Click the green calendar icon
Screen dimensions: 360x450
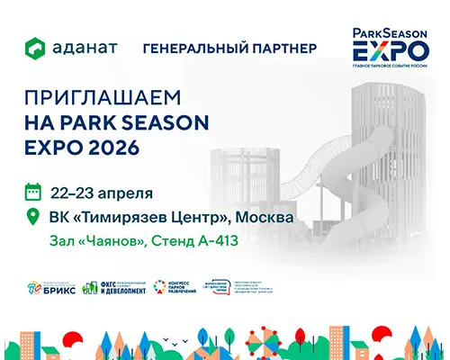pos(34,191)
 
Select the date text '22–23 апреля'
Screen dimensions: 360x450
pos(102,192)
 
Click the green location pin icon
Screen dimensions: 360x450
pos(34,217)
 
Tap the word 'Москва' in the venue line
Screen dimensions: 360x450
pos(264,217)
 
